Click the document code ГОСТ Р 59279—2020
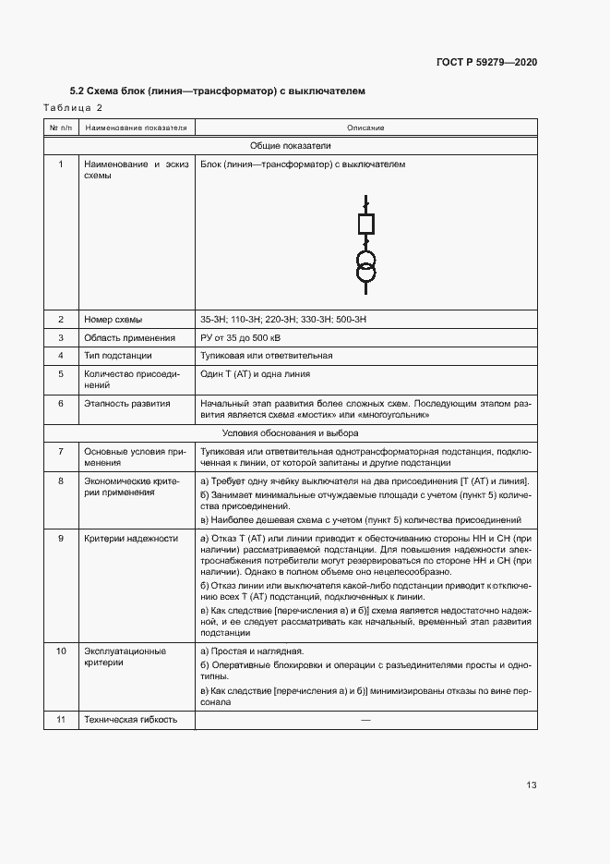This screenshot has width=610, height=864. pyautogui.click(x=486, y=62)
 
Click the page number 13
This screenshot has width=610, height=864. pyautogui.click(x=532, y=785)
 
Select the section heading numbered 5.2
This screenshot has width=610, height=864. pyautogui.click(x=218, y=91)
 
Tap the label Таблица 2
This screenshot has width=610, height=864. pyautogui.click(x=73, y=108)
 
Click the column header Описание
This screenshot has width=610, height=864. pyautogui.click(x=365, y=128)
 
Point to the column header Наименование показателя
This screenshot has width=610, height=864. pyautogui.click(x=136, y=128)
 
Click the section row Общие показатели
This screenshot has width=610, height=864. pyautogui.click(x=291, y=146)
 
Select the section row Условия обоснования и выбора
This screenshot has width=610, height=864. pyautogui.click(x=291, y=432)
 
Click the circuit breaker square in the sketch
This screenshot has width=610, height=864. pyautogui.click(x=365, y=224)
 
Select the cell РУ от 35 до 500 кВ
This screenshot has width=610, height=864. pyautogui.click(x=246, y=337)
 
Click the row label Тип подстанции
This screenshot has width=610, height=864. pyautogui.click(x=118, y=356)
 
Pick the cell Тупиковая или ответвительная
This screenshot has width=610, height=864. pyautogui.click(x=267, y=356)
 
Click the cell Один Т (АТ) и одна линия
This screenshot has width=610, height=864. pyautogui.click(x=256, y=374)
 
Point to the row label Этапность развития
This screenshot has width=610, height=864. pyautogui.click(x=127, y=404)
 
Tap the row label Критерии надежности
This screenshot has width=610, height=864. pyautogui.click(x=131, y=538)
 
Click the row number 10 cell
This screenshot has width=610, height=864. pyautogui.click(x=61, y=651)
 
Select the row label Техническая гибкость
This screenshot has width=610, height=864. pyautogui.click(x=130, y=719)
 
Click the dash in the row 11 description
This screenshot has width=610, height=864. pyautogui.click(x=365, y=719)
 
